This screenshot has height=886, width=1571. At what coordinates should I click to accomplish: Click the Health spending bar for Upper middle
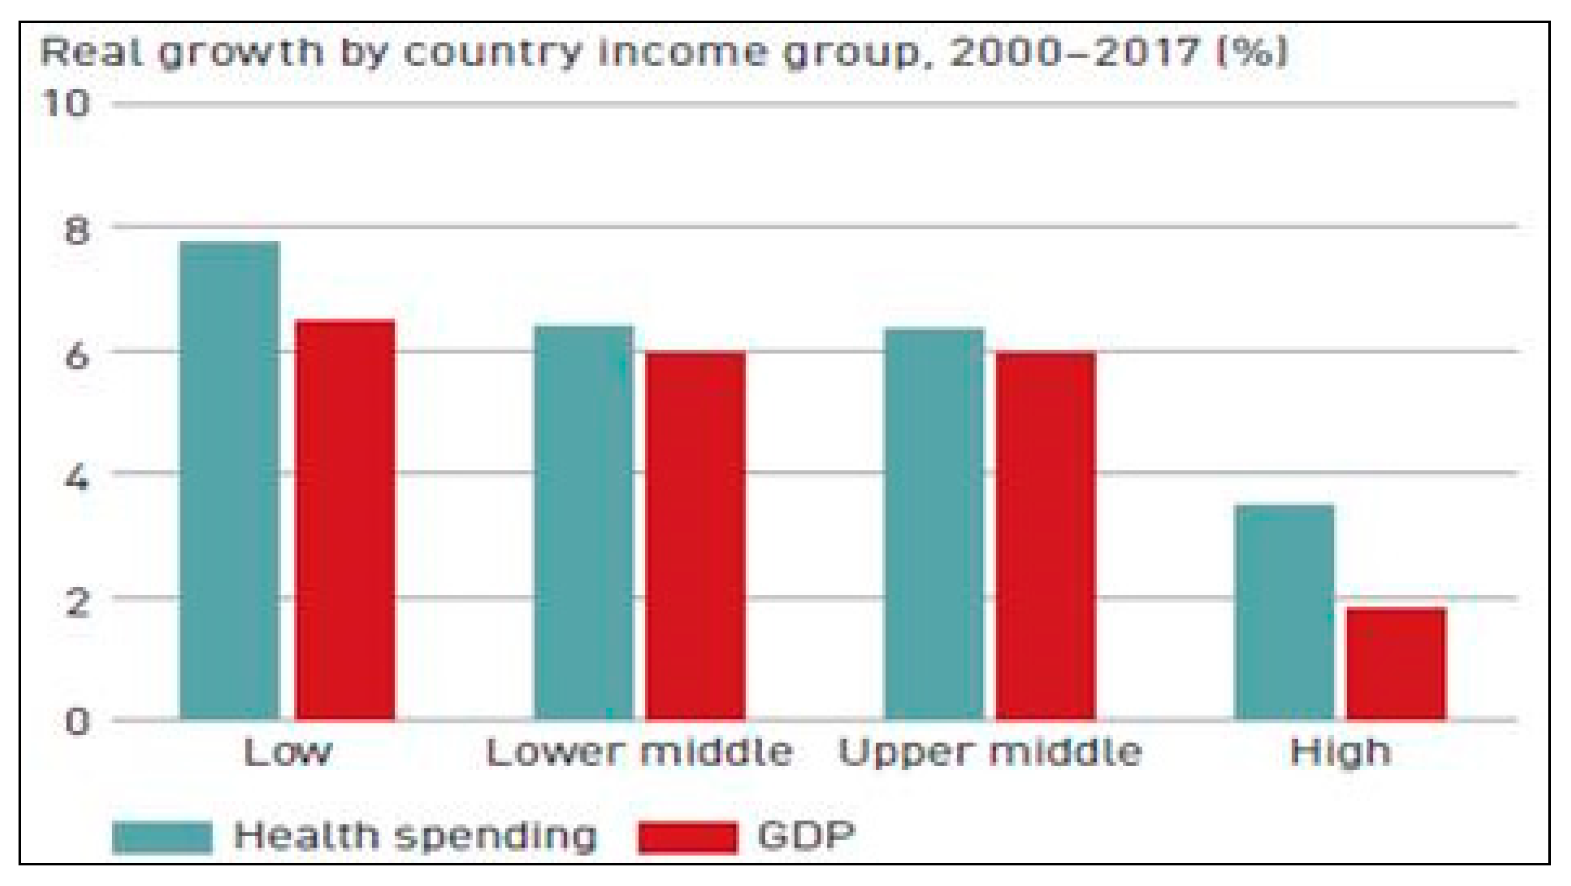click(934, 524)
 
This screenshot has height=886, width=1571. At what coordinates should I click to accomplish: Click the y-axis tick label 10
click(66, 103)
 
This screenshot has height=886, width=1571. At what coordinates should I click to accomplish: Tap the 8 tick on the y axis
click(76, 232)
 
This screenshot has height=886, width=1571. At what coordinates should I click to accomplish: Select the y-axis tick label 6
click(76, 356)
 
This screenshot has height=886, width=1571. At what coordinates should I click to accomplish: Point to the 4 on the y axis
click(76, 479)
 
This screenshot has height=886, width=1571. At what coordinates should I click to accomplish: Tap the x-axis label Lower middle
click(639, 752)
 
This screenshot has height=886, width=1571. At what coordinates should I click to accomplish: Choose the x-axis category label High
click(1340, 752)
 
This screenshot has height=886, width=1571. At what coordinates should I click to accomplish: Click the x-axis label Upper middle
click(990, 752)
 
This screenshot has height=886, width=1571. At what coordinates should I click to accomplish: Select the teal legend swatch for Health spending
click(162, 837)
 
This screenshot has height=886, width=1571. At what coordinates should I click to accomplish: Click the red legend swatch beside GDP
click(687, 837)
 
